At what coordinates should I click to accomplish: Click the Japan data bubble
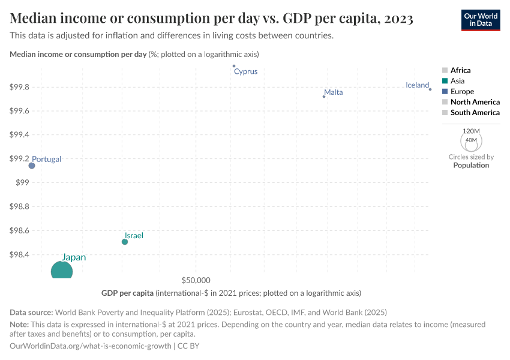[x=62, y=271]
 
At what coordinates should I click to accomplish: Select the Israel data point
[x=125, y=242]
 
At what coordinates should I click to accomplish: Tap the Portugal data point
[x=32, y=166]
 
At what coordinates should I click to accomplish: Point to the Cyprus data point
[x=234, y=66]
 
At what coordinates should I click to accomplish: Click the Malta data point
[x=324, y=97]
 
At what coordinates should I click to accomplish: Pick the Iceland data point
[x=430, y=89]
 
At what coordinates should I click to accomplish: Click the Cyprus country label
[x=245, y=71]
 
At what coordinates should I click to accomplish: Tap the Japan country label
[x=74, y=257]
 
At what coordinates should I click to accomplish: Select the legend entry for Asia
[x=457, y=81]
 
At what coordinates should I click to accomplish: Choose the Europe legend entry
[x=462, y=92]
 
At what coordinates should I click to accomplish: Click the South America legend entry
[x=475, y=113]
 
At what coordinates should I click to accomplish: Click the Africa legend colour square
[x=445, y=71]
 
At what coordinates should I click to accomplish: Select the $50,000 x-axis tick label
[x=196, y=280]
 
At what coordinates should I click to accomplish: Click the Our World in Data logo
[x=480, y=20]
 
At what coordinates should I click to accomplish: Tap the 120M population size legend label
[x=472, y=131]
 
